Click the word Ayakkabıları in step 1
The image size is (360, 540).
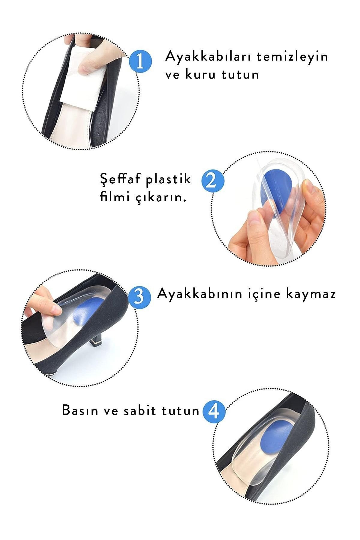pos(207,56)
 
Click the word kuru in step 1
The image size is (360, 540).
pos(200,74)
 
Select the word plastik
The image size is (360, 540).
pos(169,179)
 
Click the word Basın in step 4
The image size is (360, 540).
pos(79,410)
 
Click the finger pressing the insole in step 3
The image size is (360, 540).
pos(45,303)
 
